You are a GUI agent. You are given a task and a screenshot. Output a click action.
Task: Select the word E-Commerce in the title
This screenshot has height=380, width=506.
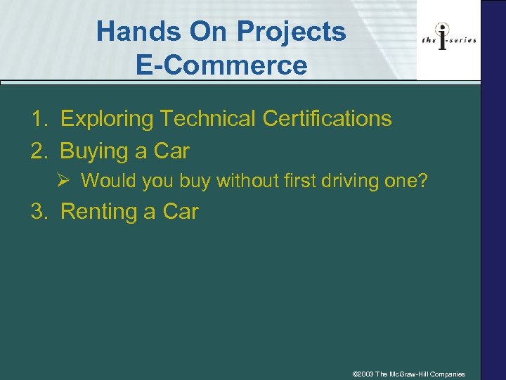tap(222, 65)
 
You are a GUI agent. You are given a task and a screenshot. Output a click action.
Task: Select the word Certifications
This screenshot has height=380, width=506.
tap(327, 119)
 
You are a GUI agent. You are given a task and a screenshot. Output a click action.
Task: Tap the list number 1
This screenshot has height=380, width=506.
tap(38, 119)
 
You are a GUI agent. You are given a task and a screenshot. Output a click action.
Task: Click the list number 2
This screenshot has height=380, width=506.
tap(38, 151)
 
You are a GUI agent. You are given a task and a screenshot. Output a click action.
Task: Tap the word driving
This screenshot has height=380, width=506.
tap(346, 181)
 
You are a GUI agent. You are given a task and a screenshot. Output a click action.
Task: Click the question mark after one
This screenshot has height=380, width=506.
tap(422, 181)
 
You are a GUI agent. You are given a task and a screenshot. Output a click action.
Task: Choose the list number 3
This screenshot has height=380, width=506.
tap(38, 211)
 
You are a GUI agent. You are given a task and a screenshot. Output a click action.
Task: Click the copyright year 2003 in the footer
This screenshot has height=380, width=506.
tap(365, 374)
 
